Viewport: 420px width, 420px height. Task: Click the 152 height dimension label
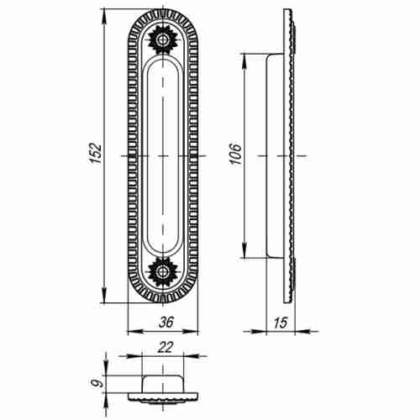coord(95,154)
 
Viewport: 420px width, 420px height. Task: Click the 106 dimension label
coord(235,154)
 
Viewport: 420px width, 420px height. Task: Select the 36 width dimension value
coord(166,323)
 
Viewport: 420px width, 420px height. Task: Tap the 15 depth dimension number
coord(281,323)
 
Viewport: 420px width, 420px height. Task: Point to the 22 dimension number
coord(165,348)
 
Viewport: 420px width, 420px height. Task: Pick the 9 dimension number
coord(97,383)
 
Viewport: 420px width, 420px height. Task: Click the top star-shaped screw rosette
coord(162,39)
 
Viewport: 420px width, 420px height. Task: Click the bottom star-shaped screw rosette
coord(162,271)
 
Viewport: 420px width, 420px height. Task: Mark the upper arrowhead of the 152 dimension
coord(104,16)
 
